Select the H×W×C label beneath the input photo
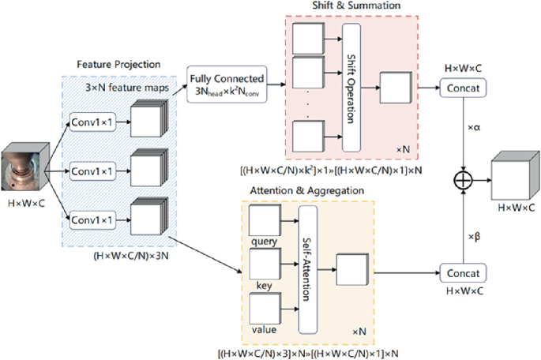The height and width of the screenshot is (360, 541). click(x=24, y=203)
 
